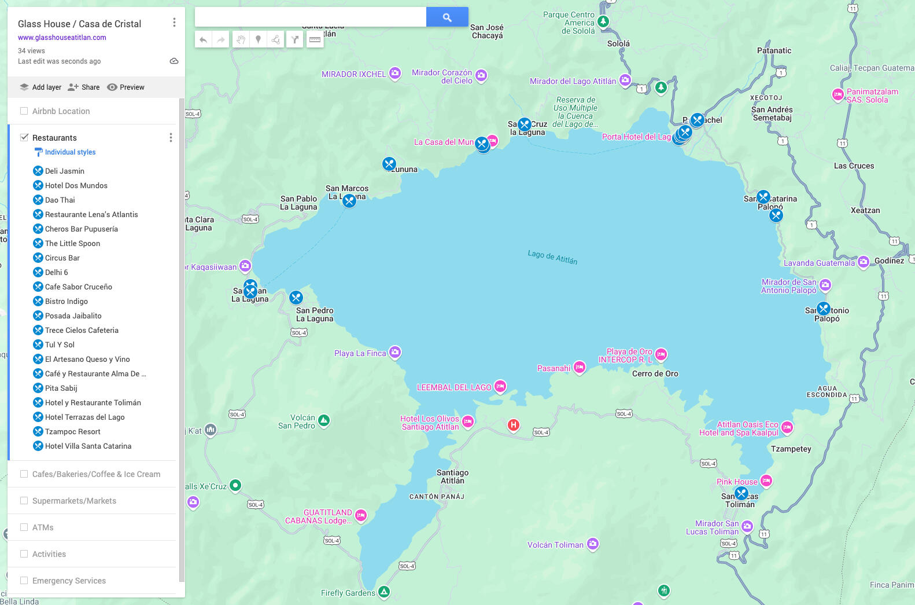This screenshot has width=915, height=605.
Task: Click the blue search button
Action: pos(447,17)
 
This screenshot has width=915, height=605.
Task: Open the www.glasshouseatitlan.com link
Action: pos(62,38)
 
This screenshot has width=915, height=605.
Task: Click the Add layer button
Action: pos(40,87)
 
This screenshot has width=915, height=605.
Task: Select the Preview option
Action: pos(126,87)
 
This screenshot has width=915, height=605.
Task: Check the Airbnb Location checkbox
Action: pos(24,111)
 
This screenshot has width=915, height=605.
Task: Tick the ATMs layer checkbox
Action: pos(24,527)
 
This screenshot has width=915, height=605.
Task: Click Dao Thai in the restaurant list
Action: pos(60,200)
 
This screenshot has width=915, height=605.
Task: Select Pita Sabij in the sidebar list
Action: pos(61,388)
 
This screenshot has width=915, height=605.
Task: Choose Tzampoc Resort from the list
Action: pos(73,432)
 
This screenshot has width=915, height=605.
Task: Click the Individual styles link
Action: pos(70,152)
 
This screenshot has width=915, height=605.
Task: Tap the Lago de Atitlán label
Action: pos(552,256)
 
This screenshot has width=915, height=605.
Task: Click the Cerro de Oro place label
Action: pos(655,374)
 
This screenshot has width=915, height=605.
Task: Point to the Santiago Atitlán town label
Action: pos(452,476)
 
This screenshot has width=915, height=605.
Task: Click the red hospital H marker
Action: pos(513,426)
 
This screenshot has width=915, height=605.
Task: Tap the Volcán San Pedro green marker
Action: pos(324,420)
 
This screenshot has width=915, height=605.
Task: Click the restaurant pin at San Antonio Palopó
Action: pos(824,309)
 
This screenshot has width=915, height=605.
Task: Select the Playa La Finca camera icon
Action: pos(395,352)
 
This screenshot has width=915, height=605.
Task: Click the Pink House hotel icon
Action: pos(766,481)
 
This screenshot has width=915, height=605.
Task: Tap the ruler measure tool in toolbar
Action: pos(315,39)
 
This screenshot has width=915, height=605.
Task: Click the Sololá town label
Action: pos(618,44)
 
